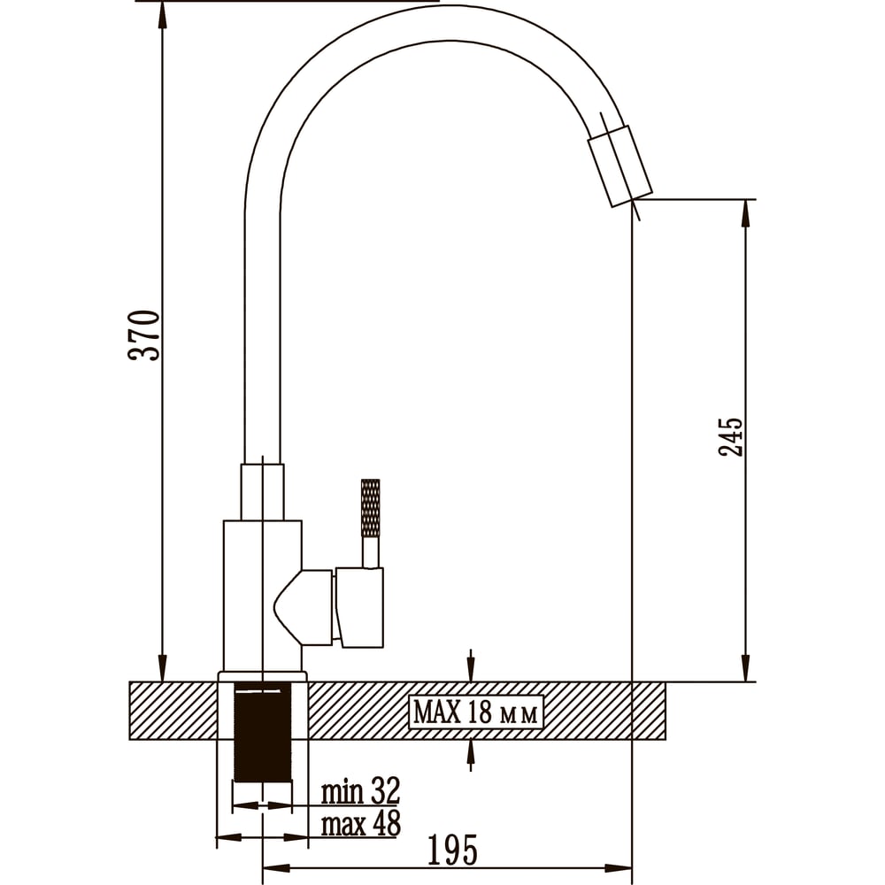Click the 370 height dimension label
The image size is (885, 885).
click(145, 335)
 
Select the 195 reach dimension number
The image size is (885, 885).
click(452, 850)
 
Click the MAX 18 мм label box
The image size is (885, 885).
click(475, 712)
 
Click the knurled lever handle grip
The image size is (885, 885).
click(370, 508)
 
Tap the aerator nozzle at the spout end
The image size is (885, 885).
click(619, 166)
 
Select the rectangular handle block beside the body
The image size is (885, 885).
click(359, 607)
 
